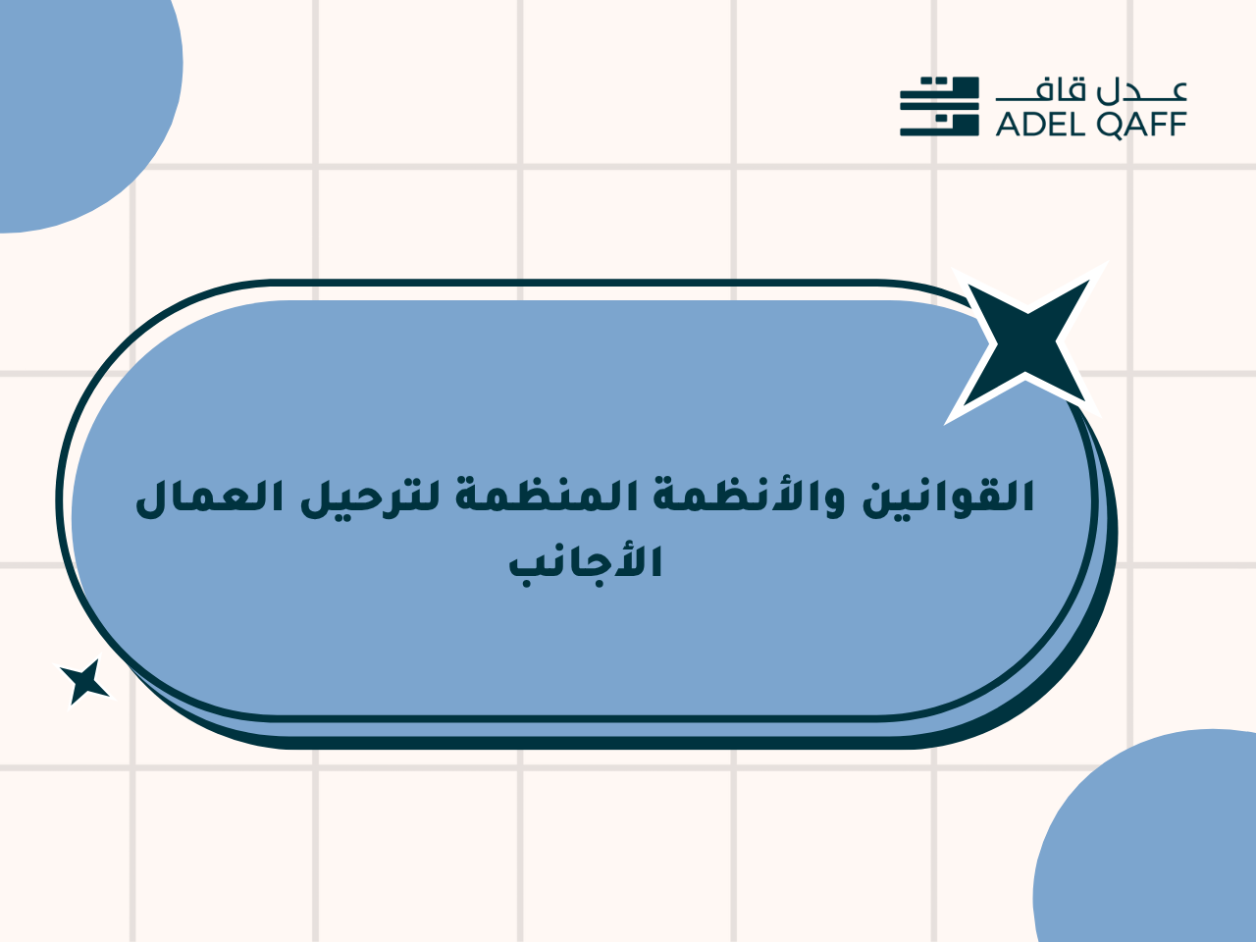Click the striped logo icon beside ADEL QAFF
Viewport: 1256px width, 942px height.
coord(939,106)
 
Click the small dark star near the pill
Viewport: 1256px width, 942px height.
coord(85,682)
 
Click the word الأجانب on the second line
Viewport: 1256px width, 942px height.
coord(586,566)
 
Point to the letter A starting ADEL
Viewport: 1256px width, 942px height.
coord(1008,124)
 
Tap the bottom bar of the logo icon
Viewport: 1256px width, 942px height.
coord(939,132)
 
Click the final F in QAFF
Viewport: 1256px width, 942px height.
coord(1177,124)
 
